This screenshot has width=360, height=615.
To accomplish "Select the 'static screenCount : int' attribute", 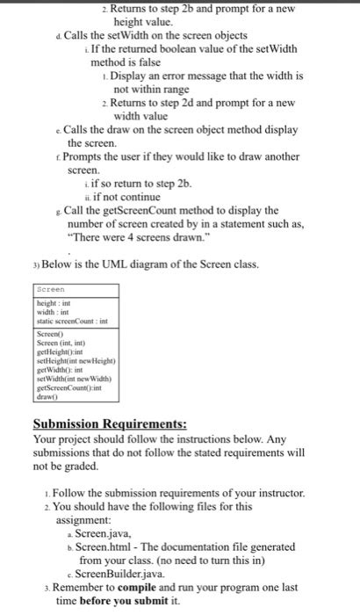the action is (x=70, y=321).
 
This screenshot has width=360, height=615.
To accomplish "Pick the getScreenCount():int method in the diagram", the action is (x=67, y=387).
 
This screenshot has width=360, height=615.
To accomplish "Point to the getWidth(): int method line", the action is (x=56, y=369).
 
